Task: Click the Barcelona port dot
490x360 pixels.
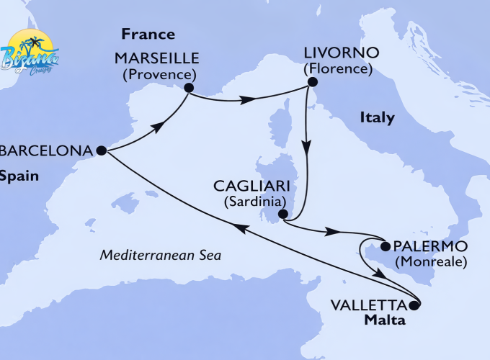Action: pyautogui.click(x=101, y=150)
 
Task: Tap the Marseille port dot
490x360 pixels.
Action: pyautogui.click(x=189, y=89)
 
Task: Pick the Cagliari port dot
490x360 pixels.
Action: pyautogui.click(x=283, y=214)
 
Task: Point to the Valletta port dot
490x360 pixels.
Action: pyautogui.click(x=414, y=305)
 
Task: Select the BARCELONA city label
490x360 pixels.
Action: pyautogui.click(x=47, y=151)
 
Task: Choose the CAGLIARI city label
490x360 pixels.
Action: pyautogui.click(x=248, y=186)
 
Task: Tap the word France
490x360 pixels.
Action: pyautogui.click(x=148, y=34)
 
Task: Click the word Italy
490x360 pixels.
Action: pyautogui.click(x=376, y=117)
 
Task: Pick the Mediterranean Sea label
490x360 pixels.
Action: pyautogui.click(x=160, y=256)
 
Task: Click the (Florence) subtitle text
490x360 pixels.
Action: pyautogui.click(x=338, y=70)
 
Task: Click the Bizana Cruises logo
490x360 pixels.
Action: pyautogui.click(x=31, y=52)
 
